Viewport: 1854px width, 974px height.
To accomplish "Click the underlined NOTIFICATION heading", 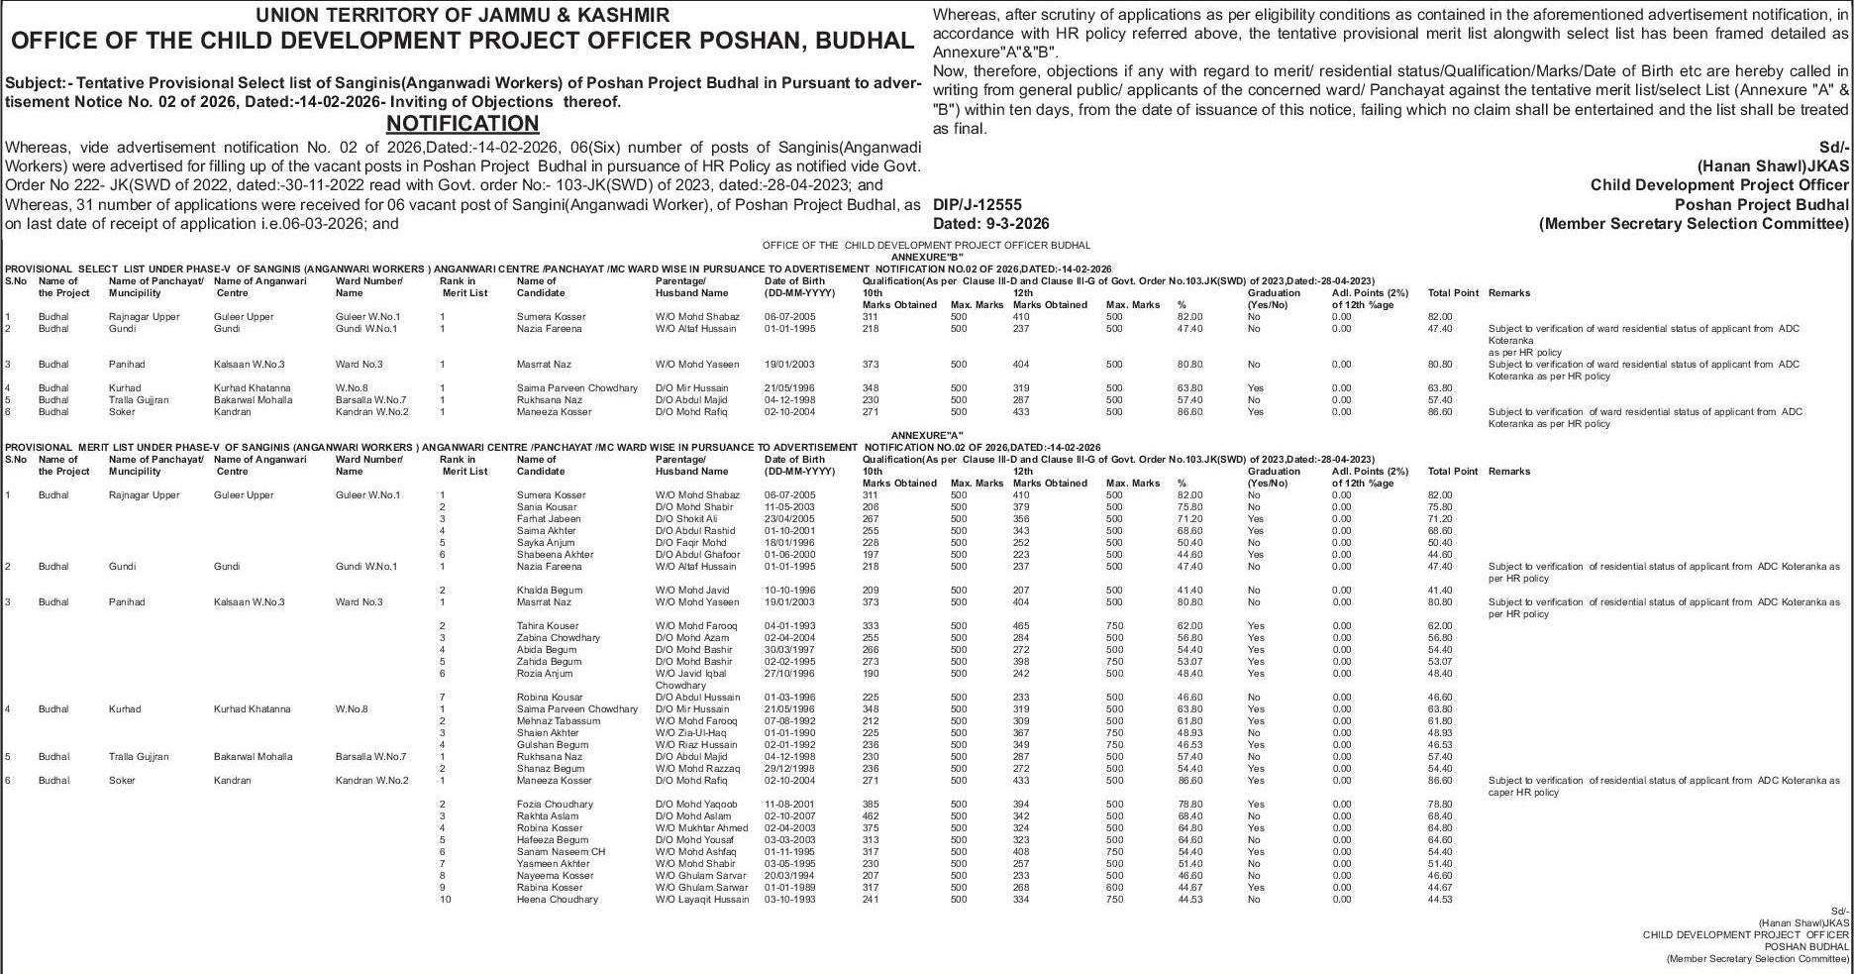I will coord(462,124).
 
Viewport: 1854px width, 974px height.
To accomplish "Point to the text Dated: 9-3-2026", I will coord(991,224).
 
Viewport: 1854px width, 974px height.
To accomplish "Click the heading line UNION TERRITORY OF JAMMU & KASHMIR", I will coord(462,15).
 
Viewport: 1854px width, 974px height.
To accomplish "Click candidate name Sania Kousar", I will coord(547,507).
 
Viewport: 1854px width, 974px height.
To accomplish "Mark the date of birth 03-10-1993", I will coord(789,900).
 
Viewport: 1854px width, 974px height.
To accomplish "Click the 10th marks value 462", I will coord(871,816).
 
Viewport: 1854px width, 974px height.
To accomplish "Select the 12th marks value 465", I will coord(1021,626).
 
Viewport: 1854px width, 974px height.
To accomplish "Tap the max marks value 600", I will coord(1114,888).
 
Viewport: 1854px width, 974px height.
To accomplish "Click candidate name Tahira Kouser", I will coord(548,626).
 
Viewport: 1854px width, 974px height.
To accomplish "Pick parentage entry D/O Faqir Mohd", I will coord(690,543).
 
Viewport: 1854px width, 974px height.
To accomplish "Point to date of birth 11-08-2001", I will coord(789,805).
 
